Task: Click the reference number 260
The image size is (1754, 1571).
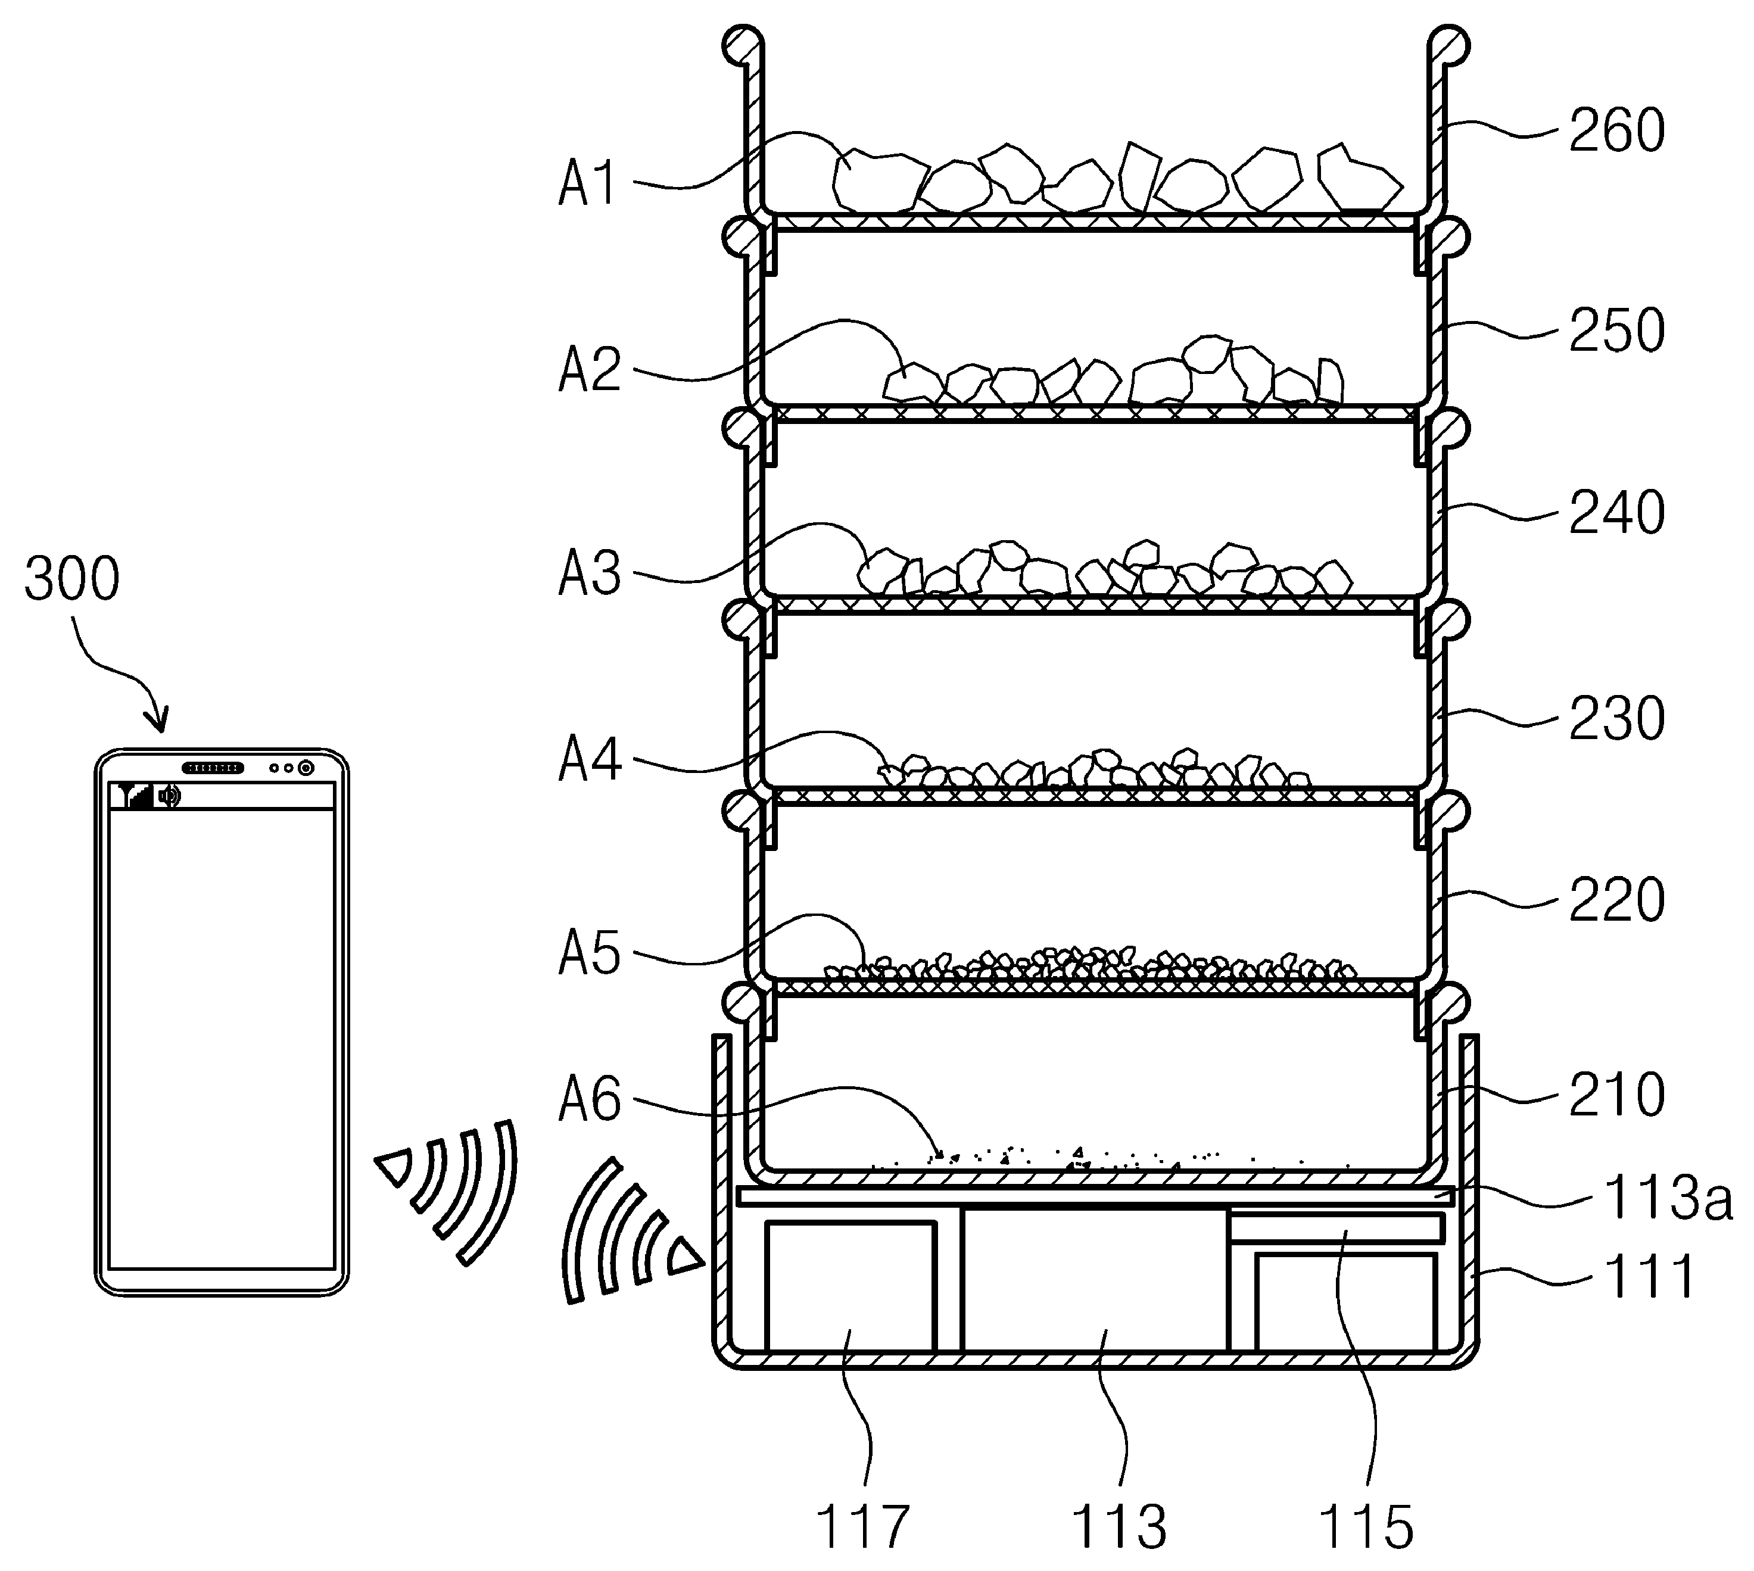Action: tap(1616, 131)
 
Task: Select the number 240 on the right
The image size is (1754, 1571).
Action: tap(1616, 512)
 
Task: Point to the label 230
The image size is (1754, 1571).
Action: tap(1616, 718)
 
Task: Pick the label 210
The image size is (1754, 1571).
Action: tap(1616, 1095)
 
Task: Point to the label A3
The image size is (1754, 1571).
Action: tap(590, 573)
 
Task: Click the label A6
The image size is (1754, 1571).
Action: tap(590, 1100)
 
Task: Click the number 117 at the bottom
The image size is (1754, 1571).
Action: tap(863, 1526)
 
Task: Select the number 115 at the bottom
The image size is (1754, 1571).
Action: tap(1366, 1526)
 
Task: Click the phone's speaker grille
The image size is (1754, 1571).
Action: tap(213, 768)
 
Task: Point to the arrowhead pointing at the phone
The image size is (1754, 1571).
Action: tap(159, 718)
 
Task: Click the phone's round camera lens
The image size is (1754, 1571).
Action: tap(305, 768)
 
